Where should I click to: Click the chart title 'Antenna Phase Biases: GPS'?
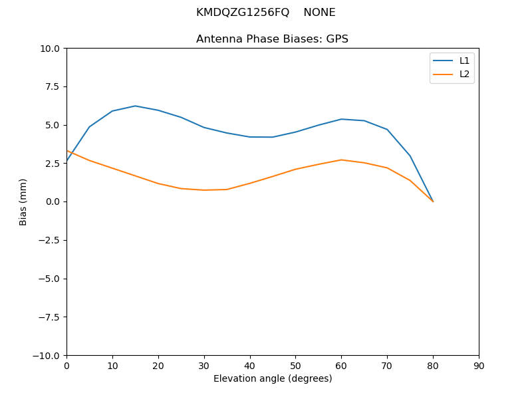[x=272, y=39]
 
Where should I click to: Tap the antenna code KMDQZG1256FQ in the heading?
[x=243, y=13]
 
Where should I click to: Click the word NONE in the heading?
[x=319, y=13]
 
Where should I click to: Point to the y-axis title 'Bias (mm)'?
[x=23, y=201]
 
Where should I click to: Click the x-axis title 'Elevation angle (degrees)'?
[x=273, y=379]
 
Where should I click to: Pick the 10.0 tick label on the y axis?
[x=51, y=49]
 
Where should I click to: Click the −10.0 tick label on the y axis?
[x=47, y=355]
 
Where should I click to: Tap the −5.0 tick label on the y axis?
[x=50, y=279]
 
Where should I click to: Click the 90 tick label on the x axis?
[x=479, y=366]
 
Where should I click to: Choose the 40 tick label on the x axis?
[x=250, y=366]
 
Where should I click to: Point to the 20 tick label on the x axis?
[x=158, y=366]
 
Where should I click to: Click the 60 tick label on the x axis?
[x=341, y=366]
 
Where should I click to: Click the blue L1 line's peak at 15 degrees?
[x=135, y=106]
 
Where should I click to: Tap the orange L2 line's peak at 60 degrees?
[x=341, y=160]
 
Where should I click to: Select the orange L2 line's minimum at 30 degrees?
[x=204, y=190]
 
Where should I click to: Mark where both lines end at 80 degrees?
[x=433, y=201]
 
